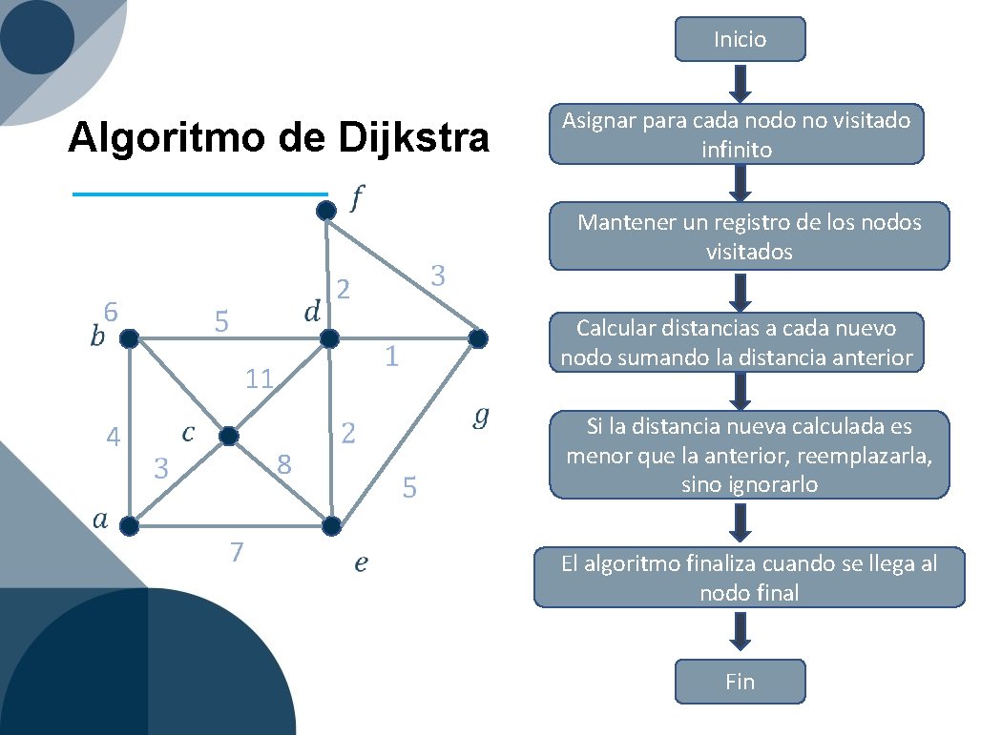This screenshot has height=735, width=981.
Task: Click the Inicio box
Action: pos(740,39)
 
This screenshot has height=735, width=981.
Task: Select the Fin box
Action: pos(740,682)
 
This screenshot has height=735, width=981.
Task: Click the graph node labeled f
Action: pos(326,210)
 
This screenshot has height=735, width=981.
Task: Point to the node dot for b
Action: pos(129,337)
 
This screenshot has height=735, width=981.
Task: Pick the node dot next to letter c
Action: pos(228,436)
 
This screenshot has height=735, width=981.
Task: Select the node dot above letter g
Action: pos(478,337)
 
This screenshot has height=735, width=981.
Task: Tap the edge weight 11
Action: pos(259,379)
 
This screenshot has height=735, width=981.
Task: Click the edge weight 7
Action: pos(237,552)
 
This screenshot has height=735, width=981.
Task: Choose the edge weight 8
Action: pos(283,465)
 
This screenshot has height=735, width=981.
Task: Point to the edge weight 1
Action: pos(390,357)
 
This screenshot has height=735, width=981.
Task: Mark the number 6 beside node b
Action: pos(111,312)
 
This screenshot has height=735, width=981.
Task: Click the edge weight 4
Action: pos(114,439)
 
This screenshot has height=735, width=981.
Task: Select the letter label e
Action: pos(361,563)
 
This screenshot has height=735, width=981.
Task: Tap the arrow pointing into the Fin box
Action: pos(740,632)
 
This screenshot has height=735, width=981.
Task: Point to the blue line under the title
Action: pos(199,194)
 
